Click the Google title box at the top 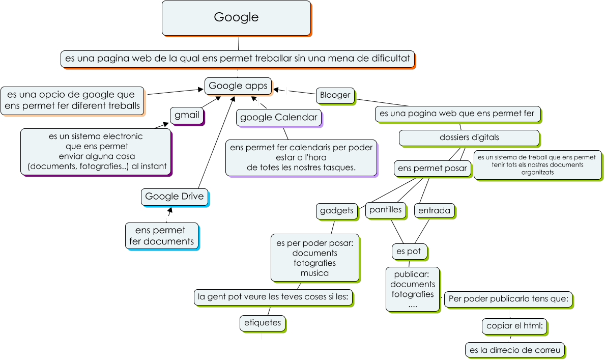click(x=236, y=18)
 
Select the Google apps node click(x=238, y=86)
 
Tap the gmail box click(x=187, y=115)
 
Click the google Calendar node click(x=279, y=118)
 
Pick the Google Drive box click(x=174, y=197)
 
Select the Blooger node click(x=335, y=95)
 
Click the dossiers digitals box click(x=469, y=137)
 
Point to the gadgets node click(x=336, y=211)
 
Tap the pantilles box click(x=385, y=210)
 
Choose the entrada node click(x=435, y=211)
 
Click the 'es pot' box click(x=409, y=252)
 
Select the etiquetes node click(x=263, y=323)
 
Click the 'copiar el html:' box click(x=514, y=326)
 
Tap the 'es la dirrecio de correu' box click(x=514, y=350)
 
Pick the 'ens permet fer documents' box click(x=161, y=236)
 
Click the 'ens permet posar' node click(x=433, y=169)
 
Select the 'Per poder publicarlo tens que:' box click(x=508, y=299)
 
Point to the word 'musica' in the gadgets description click(x=314, y=273)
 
